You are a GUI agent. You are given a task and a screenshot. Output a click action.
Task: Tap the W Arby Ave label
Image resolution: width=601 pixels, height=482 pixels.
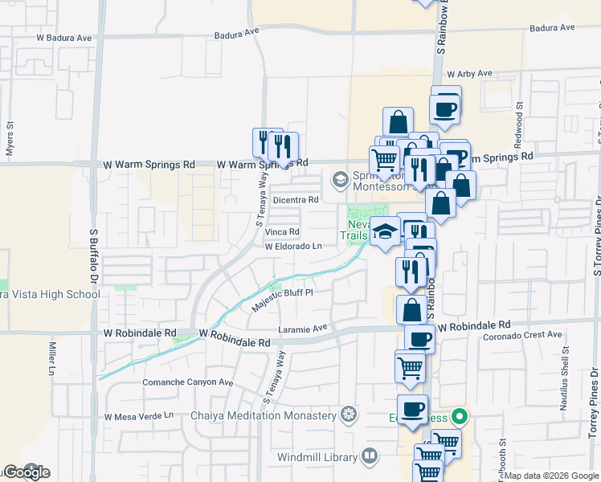point(469,73)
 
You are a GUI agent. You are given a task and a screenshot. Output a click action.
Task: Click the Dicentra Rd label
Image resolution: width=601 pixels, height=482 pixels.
point(296,199)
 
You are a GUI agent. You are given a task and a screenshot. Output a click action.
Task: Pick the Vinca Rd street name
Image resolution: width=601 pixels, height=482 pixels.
point(282,232)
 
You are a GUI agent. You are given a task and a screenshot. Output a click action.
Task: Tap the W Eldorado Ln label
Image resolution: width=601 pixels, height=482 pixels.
point(293,247)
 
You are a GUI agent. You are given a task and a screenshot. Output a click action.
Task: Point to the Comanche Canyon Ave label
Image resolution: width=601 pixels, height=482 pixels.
point(187,382)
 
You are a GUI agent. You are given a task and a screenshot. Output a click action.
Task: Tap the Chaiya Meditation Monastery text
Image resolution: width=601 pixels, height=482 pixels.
point(263,415)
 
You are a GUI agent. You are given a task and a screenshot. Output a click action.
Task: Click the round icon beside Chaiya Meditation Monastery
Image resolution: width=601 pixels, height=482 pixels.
point(348,415)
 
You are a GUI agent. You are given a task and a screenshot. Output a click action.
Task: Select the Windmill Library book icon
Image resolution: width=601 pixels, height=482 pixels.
point(369,456)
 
